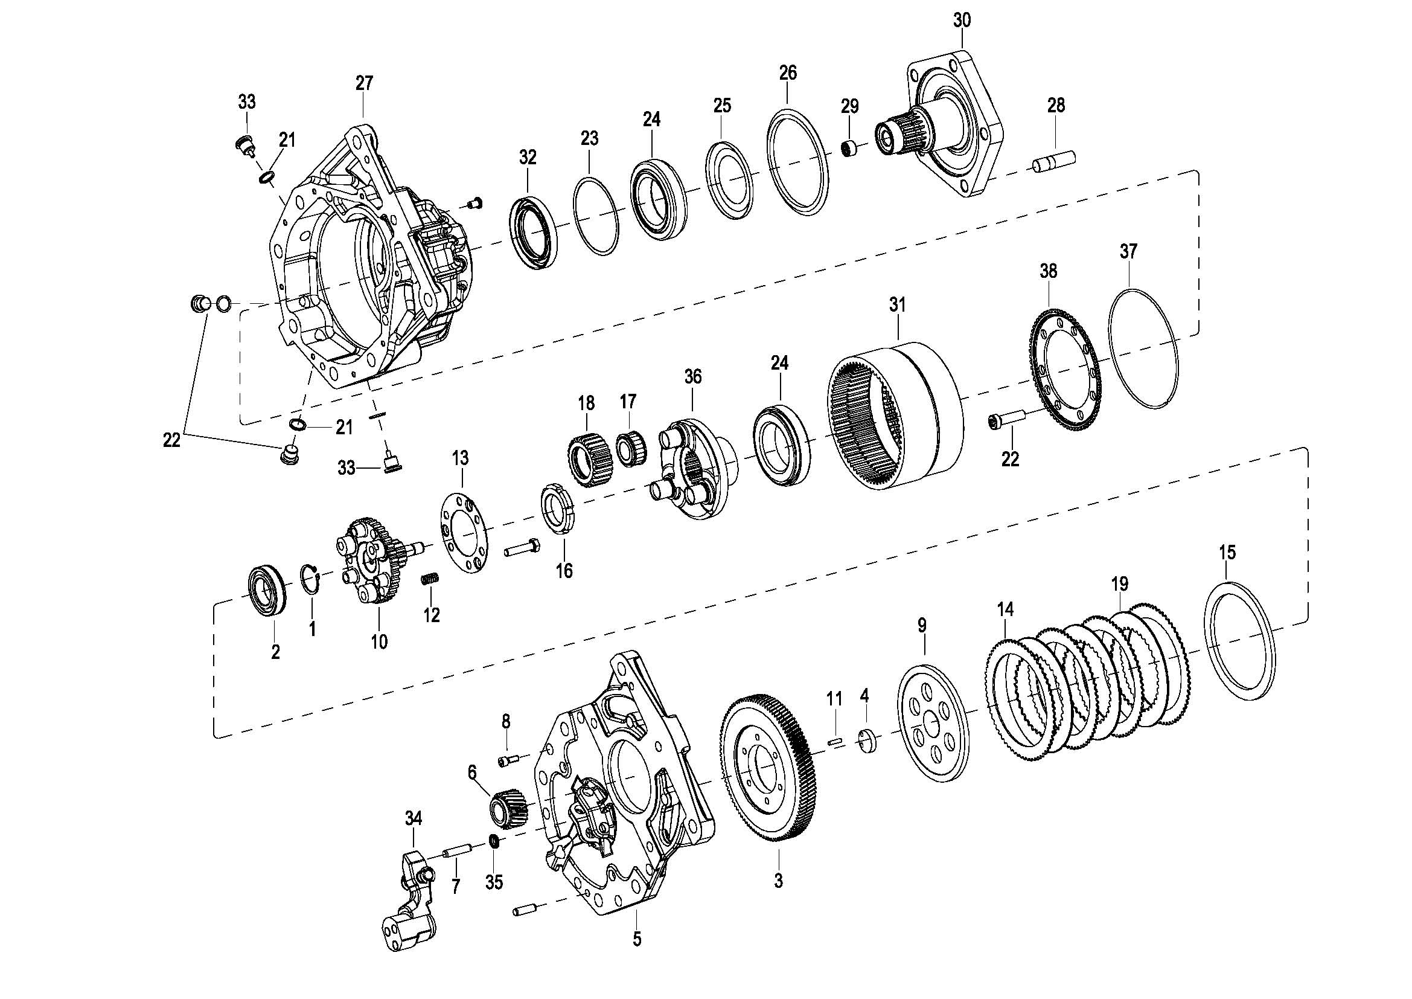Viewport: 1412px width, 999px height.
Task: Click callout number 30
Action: click(x=962, y=21)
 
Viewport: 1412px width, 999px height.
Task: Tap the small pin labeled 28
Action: click(x=1054, y=161)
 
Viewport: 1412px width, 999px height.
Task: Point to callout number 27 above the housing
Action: click(x=364, y=82)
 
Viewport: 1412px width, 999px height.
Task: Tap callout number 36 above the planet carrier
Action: click(x=692, y=376)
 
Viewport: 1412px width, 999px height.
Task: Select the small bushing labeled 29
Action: click(x=850, y=149)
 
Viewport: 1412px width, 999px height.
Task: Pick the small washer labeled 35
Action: click(x=494, y=840)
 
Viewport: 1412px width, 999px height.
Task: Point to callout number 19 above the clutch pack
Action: click(x=1120, y=583)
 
